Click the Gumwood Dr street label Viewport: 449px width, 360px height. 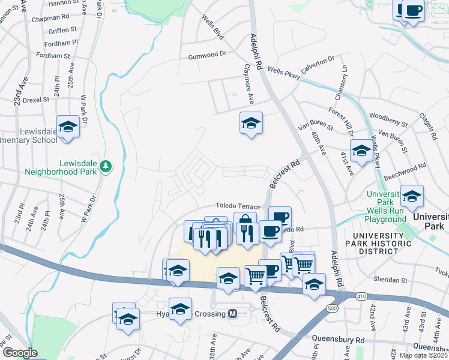coord(206,54)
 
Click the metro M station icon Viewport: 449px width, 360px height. coord(232,314)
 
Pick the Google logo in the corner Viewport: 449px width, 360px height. coord(19,352)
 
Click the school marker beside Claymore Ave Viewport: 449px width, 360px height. coord(251,124)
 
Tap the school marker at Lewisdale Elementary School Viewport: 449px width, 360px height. coord(68,127)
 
